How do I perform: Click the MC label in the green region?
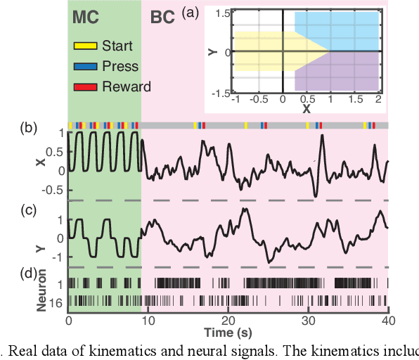tap(86, 17)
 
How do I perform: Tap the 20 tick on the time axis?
tap(228, 319)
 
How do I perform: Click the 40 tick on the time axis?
tap(387, 319)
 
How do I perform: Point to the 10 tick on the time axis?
tap(148, 319)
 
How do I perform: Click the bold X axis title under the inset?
tap(306, 110)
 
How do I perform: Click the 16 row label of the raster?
tap(59, 300)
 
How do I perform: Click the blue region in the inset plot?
tap(344, 35)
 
